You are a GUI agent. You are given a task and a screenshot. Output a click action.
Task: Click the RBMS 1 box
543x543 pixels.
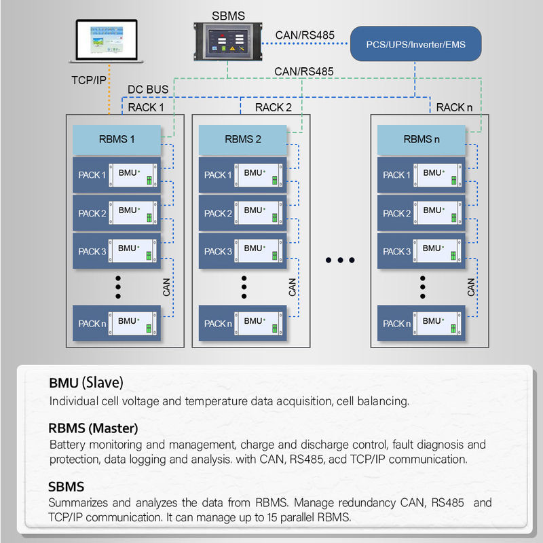(117, 139)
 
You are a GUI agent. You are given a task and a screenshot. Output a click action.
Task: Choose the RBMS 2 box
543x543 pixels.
(243, 139)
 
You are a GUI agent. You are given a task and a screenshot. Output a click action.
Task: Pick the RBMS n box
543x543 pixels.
(422, 139)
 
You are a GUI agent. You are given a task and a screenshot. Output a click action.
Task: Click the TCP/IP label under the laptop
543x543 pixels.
(89, 80)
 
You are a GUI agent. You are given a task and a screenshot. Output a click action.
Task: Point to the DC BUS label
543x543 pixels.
(148, 90)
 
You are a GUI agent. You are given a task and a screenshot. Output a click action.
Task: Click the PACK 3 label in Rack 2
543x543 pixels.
(218, 251)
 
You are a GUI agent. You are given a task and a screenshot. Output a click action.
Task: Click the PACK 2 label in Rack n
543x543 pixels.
(396, 213)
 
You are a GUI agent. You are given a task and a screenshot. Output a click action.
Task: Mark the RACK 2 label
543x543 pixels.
(274, 107)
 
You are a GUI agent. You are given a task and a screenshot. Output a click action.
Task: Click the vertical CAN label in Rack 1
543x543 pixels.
(167, 287)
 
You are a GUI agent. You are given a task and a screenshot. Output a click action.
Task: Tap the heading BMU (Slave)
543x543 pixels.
(86, 382)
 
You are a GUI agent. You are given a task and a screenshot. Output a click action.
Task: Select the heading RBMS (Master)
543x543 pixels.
(93, 428)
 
